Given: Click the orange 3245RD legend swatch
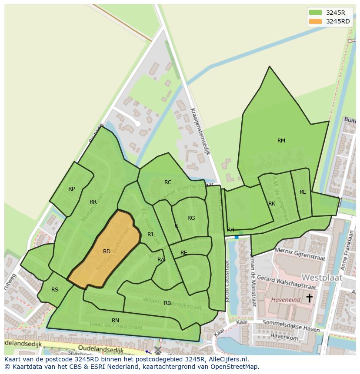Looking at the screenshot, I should pyautogui.click(x=316, y=21).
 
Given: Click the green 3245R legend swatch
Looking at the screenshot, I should pyautogui.click(x=316, y=12).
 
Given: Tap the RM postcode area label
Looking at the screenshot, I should pyautogui.click(x=281, y=140).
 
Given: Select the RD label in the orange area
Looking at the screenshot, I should pyautogui.click(x=107, y=252).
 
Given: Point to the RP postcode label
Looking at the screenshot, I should pyautogui.click(x=72, y=189).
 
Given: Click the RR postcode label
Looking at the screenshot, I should pyautogui.click(x=93, y=202).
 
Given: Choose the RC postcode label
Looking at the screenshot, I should pyautogui.click(x=168, y=182).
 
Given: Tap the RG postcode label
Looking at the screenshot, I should pyautogui.click(x=191, y=218).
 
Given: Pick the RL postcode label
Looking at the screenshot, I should pyautogui.click(x=303, y=192).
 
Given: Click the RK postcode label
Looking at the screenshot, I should pyautogui.click(x=272, y=204).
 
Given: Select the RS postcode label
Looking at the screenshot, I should pyautogui.click(x=55, y=290).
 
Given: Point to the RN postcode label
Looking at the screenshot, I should pyautogui.click(x=115, y=321).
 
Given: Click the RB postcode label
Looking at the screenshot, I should pyautogui.click(x=167, y=303).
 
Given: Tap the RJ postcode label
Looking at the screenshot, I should pyautogui.click(x=150, y=235).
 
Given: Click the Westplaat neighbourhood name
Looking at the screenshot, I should pyautogui.click(x=322, y=277).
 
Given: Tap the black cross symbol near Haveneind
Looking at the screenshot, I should pyautogui.click(x=309, y=298).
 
